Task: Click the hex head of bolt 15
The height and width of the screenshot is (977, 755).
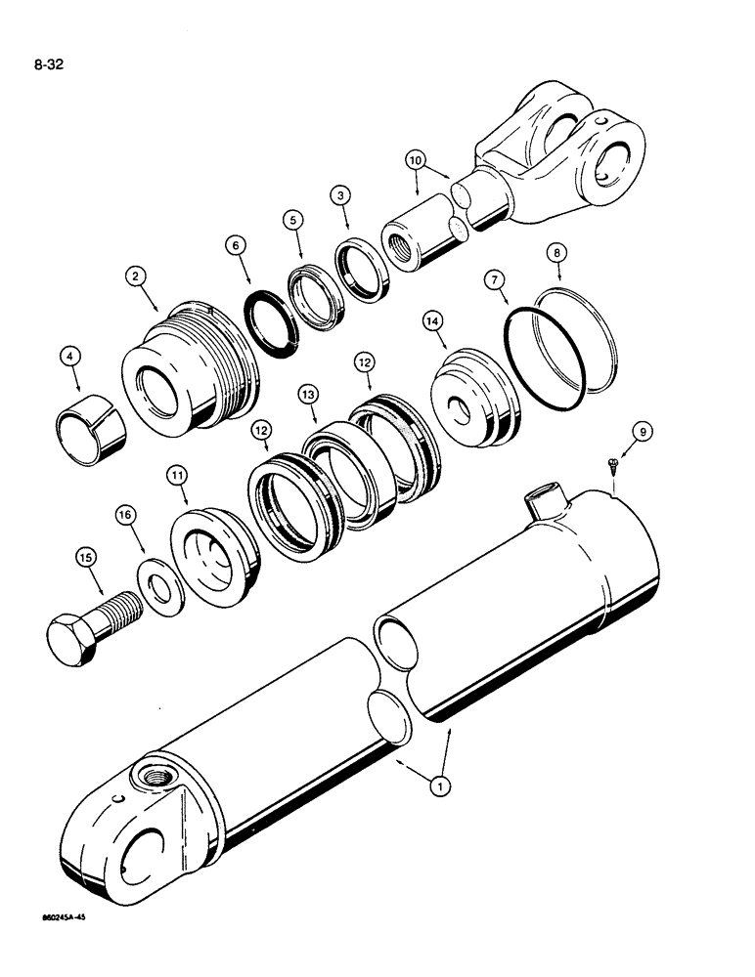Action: pos(72,638)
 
